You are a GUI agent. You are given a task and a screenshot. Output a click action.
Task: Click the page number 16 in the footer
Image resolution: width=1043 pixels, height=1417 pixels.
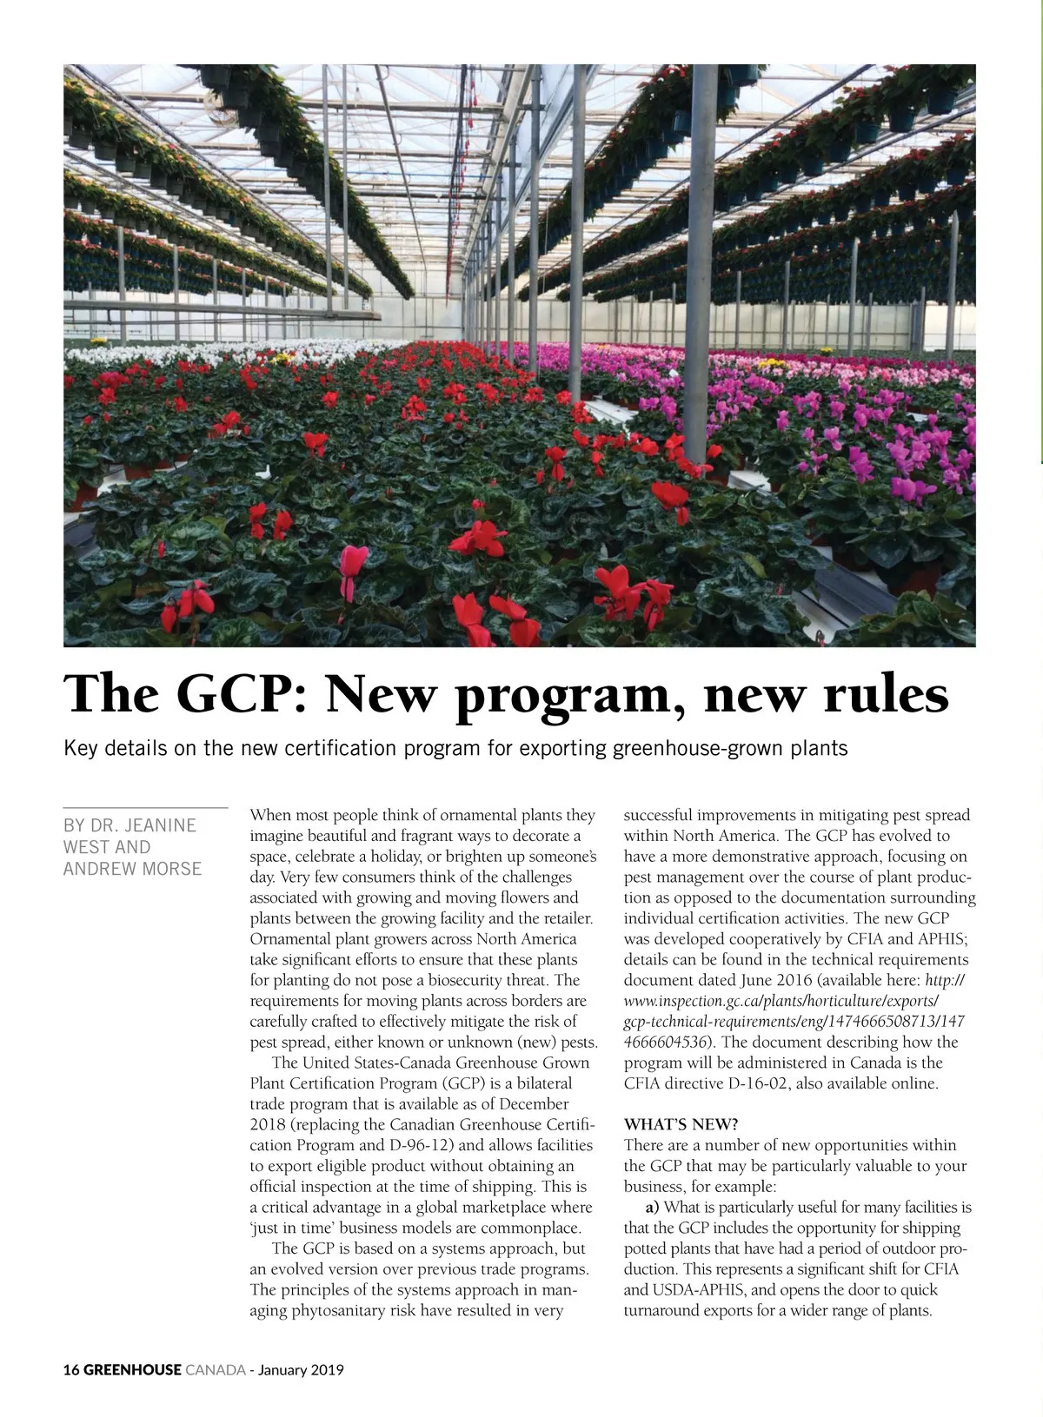(71, 1370)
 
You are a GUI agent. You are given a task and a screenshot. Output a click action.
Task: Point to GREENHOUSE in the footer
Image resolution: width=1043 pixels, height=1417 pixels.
(133, 1370)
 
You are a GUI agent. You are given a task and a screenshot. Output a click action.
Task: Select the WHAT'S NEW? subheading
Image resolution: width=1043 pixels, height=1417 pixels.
(681, 1124)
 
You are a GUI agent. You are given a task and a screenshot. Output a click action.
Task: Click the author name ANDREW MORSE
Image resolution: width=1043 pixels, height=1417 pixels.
(132, 869)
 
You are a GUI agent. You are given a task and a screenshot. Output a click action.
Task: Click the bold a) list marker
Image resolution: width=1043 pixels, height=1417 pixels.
(652, 1207)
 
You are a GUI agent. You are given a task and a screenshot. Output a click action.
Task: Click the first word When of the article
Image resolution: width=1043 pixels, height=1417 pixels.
(270, 815)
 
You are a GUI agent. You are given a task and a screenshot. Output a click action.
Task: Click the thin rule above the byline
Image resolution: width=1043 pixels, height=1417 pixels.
(145, 808)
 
